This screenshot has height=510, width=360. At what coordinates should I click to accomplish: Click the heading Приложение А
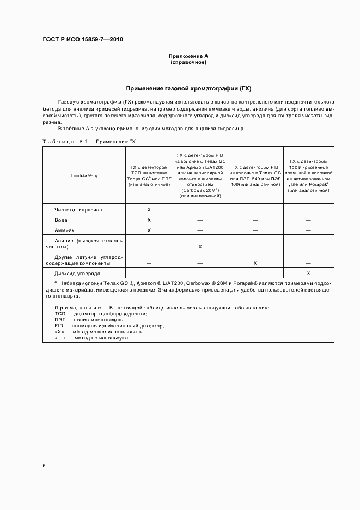click(188, 56)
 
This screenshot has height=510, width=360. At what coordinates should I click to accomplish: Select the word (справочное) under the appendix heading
click(188, 62)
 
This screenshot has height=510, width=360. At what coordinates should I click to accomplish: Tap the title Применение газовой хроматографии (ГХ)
click(188, 88)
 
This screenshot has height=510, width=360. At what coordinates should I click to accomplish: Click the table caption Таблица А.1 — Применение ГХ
click(89, 141)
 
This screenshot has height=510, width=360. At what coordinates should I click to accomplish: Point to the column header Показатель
click(84, 176)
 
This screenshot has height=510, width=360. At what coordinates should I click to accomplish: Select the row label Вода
click(61, 220)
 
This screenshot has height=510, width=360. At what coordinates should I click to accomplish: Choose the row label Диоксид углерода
click(77, 274)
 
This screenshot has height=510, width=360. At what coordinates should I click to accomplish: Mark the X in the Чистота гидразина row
click(149, 210)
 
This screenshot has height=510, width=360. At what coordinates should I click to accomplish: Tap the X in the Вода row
click(149, 220)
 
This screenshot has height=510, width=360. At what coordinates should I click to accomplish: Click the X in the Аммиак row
click(149, 230)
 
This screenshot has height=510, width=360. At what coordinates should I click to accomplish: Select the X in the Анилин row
click(200, 247)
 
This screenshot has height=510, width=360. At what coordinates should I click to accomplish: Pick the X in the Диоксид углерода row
click(308, 274)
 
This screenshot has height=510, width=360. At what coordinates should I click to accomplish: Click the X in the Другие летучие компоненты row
click(255, 263)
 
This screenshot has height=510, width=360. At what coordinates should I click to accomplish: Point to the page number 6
click(44, 465)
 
